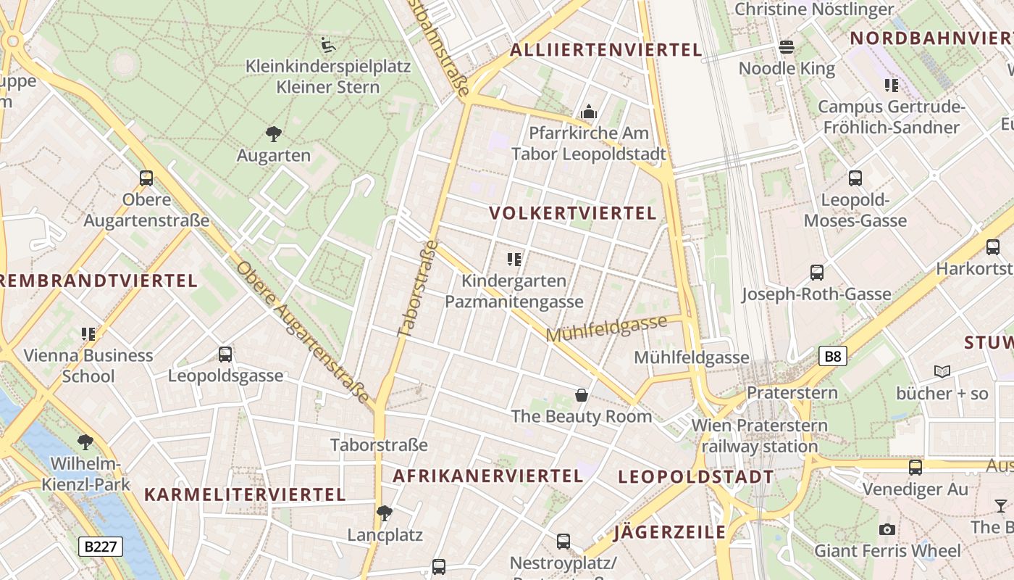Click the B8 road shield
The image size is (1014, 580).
[833, 356]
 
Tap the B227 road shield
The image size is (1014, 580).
[101, 546]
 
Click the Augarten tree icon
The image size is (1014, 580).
[273, 133]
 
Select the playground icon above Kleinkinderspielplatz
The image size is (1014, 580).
[327, 44]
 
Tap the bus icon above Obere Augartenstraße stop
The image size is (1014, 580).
[146, 178]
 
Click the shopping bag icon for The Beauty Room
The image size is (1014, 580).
[581, 394]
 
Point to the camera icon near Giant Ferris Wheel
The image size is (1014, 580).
[887, 529]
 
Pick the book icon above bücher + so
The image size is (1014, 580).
[942, 371]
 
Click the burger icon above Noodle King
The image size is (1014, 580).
[787, 48]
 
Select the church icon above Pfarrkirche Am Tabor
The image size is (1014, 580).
[588, 112]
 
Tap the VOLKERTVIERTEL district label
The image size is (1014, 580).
[572, 213]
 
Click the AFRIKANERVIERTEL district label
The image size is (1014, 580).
[487, 476]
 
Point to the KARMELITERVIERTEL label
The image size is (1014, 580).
[245, 495]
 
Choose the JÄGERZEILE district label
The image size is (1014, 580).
[669, 533]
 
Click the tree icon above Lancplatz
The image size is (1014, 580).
[385, 513]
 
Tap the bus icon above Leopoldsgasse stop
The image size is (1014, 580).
[225, 355]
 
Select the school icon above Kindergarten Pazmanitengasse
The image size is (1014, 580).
[514, 259]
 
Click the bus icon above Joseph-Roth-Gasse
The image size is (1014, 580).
[817, 273]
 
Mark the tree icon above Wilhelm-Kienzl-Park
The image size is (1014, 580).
[85, 442]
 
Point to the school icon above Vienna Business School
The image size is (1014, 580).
[88, 334]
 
